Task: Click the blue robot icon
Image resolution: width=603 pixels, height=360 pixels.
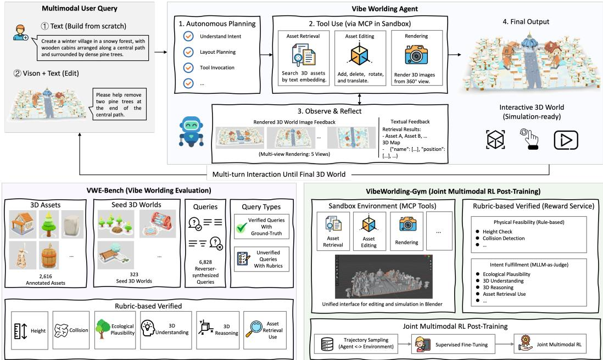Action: pyautogui.click(x=192, y=131)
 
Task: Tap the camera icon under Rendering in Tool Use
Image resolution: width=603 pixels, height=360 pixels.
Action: pyautogui.click(x=416, y=54)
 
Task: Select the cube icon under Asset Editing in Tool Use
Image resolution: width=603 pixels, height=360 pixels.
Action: pyautogui.click(x=360, y=54)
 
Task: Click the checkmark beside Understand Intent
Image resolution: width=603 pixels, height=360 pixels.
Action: pyautogui.click(x=188, y=36)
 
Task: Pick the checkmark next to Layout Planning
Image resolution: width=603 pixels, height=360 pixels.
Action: pyautogui.click(x=188, y=52)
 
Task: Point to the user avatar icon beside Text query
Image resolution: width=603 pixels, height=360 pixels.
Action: pyautogui.click(x=20, y=33)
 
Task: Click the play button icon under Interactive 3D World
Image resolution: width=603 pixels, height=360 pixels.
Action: pyautogui.click(x=566, y=140)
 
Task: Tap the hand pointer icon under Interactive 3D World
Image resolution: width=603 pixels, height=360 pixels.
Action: pyautogui.click(x=530, y=139)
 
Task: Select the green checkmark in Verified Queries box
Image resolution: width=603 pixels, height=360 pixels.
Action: pyautogui.click(x=242, y=227)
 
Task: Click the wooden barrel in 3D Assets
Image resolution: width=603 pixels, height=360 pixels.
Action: pyautogui.click(x=48, y=255)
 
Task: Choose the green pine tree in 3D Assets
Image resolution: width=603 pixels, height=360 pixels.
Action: pyautogui.click(x=48, y=224)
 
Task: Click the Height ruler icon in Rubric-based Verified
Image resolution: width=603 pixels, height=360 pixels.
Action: pyautogui.click(x=20, y=331)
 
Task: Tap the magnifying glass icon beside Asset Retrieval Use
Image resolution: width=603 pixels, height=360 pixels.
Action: pyautogui.click(x=254, y=329)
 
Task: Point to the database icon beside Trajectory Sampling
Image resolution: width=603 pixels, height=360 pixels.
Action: pyautogui.click(x=327, y=344)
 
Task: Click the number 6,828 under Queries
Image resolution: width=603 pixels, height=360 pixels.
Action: pyautogui.click(x=205, y=262)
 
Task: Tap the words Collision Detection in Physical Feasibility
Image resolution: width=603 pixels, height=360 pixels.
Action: pyautogui.click(x=504, y=238)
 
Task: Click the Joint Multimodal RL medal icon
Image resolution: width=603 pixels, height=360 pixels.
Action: pyautogui.click(x=525, y=344)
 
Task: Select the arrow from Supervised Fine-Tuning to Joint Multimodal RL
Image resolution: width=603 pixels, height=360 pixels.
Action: pyautogui.click(x=504, y=344)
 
